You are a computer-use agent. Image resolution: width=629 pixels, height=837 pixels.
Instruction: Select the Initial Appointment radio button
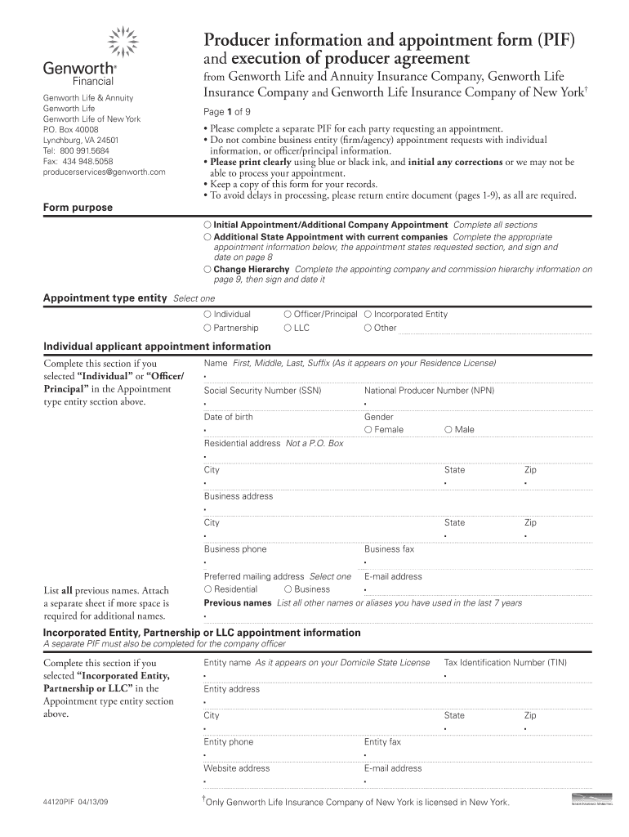(x=208, y=224)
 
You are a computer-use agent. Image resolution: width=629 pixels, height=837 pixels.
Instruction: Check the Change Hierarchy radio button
(x=208, y=269)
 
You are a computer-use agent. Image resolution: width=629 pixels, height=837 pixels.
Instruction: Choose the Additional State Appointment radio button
(x=208, y=236)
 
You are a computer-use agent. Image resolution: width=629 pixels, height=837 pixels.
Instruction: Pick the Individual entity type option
(x=208, y=314)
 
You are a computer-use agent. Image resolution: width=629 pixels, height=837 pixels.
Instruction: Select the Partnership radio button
(x=208, y=328)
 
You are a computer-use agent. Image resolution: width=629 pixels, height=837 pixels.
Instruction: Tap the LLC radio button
(x=288, y=328)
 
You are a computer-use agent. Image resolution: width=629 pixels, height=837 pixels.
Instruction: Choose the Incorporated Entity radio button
(x=368, y=314)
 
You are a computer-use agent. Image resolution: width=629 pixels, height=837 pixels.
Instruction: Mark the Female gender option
(x=368, y=429)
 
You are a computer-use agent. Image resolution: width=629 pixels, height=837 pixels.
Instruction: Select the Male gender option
(x=448, y=429)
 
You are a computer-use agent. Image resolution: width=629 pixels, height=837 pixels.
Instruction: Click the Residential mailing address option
(x=208, y=589)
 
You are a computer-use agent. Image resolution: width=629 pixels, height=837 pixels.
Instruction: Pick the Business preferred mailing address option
(x=288, y=589)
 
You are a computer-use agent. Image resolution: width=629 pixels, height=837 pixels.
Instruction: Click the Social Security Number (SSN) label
(x=262, y=391)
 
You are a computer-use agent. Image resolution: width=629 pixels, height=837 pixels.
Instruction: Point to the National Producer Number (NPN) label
(x=429, y=391)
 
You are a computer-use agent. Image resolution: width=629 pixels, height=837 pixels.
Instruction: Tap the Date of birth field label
(x=229, y=417)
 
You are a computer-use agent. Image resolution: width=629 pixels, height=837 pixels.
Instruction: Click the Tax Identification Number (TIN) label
(x=505, y=662)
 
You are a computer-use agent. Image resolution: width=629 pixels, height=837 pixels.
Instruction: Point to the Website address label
(x=237, y=768)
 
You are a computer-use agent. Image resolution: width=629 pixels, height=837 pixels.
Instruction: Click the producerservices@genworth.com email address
(x=104, y=172)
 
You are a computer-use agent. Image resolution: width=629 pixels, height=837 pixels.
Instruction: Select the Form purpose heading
(x=78, y=208)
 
